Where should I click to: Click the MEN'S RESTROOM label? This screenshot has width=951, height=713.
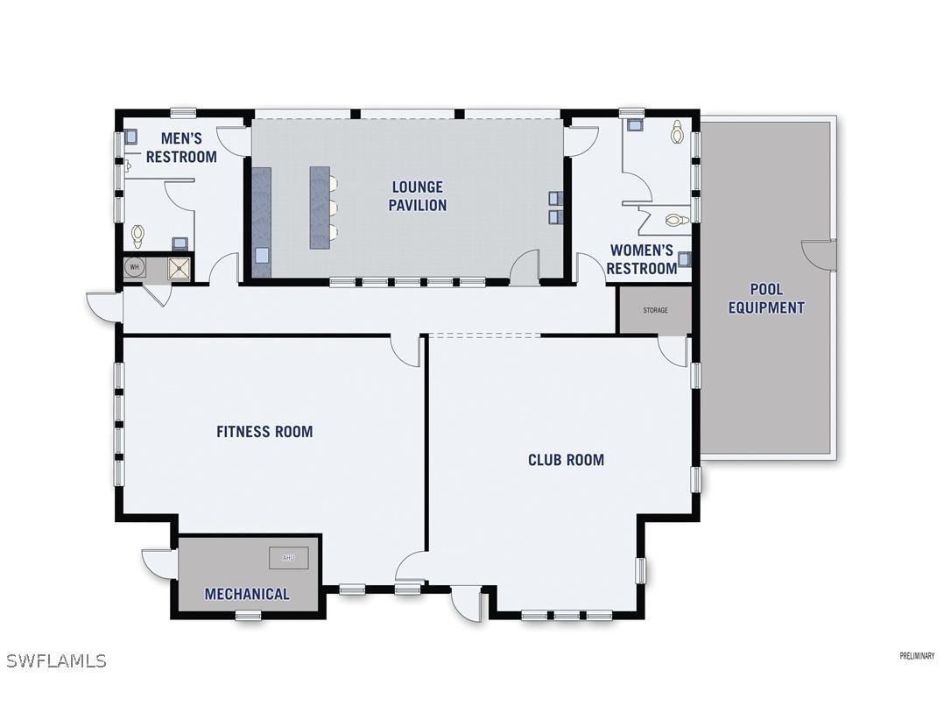point(181,148)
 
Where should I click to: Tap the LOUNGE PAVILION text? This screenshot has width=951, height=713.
point(418,196)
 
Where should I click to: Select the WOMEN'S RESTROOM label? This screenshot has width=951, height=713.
point(642,260)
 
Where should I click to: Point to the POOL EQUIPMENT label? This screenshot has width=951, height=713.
point(766,299)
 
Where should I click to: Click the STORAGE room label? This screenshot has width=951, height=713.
point(655,311)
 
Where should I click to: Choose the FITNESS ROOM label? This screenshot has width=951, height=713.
point(264,432)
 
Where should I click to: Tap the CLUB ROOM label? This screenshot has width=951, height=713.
point(566,460)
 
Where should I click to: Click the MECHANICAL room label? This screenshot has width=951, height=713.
point(247,594)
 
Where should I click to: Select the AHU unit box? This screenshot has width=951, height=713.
point(289,558)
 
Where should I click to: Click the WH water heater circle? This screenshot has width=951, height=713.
point(135,267)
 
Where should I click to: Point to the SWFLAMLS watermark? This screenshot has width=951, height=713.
point(57,660)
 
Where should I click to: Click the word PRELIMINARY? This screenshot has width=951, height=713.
point(917,656)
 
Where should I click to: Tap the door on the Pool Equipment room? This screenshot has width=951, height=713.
point(821,254)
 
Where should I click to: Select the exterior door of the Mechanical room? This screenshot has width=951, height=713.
point(159,562)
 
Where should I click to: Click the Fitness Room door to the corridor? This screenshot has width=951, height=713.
point(405,349)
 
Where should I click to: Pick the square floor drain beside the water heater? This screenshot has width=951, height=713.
point(180,268)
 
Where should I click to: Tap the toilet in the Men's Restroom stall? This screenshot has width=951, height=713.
point(137,235)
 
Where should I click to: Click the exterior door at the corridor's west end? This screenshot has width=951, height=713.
point(102,306)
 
